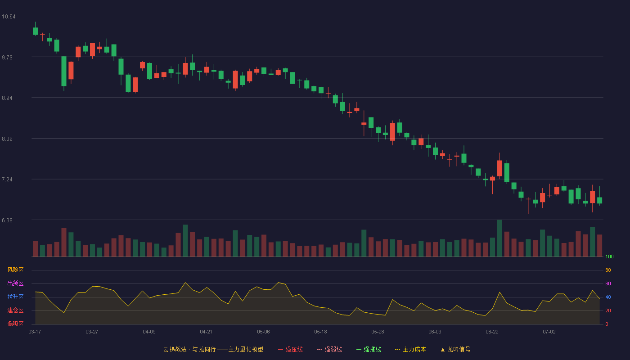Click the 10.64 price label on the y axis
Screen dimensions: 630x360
point(9,17)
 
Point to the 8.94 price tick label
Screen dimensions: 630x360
point(7,98)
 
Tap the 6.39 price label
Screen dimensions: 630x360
point(7,220)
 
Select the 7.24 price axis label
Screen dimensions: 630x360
point(7,180)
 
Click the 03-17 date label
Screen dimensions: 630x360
point(35,332)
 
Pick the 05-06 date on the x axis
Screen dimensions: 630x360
point(263,332)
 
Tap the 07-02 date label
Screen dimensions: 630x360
point(549,332)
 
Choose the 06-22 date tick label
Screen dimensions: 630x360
point(492,332)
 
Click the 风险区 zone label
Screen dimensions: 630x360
point(15,270)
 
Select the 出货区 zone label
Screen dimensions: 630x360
point(15,283)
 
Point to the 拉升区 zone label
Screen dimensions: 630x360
point(15,297)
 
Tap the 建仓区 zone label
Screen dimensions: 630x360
point(15,310)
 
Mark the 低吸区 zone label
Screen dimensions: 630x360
point(15,324)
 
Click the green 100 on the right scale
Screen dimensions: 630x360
point(609,256)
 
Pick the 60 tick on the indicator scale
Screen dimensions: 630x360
point(608,283)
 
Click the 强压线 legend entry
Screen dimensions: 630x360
point(290,350)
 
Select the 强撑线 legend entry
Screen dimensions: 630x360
point(369,350)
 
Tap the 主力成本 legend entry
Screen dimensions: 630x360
point(410,350)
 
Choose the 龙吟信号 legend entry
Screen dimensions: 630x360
point(455,350)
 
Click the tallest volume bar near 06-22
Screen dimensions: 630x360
point(499,238)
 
